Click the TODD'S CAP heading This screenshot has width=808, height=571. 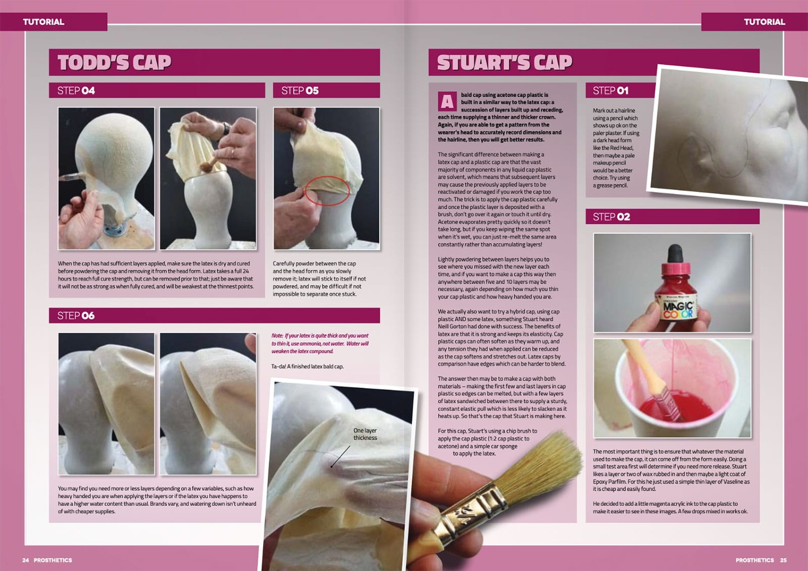[114, 63]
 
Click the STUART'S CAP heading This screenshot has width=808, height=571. [504, 63]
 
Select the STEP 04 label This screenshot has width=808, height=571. [76, 91]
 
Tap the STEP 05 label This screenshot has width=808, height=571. [300, 91]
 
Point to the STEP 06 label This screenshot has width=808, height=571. [76, 316]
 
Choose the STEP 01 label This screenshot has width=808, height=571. [611, 91]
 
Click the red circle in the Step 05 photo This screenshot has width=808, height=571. [327, 190]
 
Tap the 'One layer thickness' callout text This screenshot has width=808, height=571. [365, 434]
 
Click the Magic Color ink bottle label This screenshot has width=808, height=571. [678, 309]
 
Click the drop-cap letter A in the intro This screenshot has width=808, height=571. [447, 102]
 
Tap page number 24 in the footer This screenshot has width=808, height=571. [26, 560]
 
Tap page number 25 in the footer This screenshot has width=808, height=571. [783, 560]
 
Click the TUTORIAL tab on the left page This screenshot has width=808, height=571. [44, 22]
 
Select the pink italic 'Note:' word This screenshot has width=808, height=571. [277, 336]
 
